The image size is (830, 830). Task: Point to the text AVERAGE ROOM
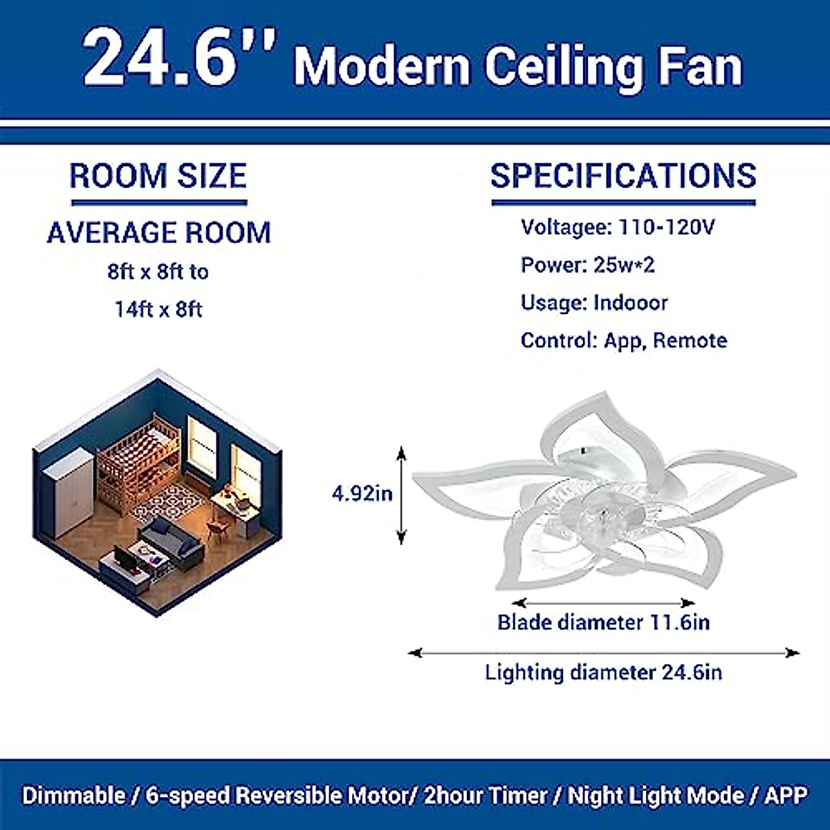click(x=158, y=232)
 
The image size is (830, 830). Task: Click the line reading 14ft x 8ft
click(x=158, y=308)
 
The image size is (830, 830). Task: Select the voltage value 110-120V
click(x=667, y=227)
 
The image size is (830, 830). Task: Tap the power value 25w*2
click(x=623, y=265)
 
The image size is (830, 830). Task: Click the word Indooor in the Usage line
click(x=630, y=303)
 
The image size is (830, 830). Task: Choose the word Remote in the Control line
click(x=690, y=340)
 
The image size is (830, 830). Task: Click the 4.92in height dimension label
click(x=362, y=493)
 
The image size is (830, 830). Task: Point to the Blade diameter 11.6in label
click(x=603, y=622)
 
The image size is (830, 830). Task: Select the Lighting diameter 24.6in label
click(x=603, y=672)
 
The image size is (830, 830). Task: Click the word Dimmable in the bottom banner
click(x=74, y=795)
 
